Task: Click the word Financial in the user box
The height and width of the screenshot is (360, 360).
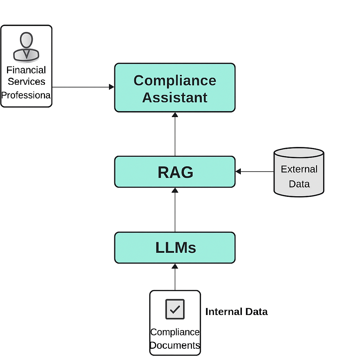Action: tap(26, 70)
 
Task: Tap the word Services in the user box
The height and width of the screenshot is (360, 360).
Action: tap(26, 82)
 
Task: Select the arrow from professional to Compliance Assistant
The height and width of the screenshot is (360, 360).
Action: tap(83, 87)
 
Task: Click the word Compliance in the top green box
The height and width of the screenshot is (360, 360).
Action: tap(175, 81)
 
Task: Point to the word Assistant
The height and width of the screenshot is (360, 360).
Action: tap(175, 98)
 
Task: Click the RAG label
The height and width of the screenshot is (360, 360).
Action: tap(175, 172)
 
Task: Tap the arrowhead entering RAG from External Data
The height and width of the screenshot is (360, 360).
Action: tap(238, 172)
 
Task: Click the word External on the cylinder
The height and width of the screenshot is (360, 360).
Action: tap(299, 169)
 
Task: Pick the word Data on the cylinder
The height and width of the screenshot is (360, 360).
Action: tap(299, 184)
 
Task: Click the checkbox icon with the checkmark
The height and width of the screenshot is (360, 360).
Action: tap(175, 309)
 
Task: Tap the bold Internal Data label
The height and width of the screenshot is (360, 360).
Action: tap(236, 312)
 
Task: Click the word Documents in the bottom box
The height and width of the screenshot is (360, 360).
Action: tap(175, 345)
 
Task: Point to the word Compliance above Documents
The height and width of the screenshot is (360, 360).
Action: tap(175, 332)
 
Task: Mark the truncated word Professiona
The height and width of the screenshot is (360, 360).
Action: tap(26, 95)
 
